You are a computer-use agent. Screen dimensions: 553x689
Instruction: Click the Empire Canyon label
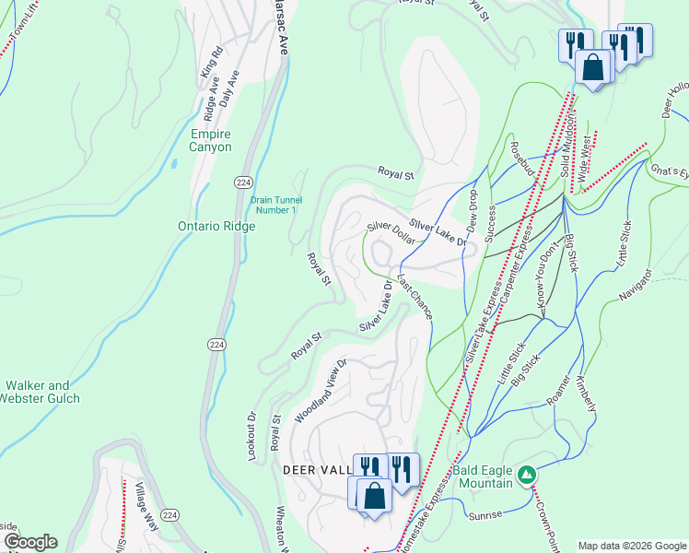210,140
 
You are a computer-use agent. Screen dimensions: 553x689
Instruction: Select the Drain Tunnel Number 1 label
274,205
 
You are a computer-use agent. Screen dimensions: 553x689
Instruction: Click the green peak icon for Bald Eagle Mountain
526,475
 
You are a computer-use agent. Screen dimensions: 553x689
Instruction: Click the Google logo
29,541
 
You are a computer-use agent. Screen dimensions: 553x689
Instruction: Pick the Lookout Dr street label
251,429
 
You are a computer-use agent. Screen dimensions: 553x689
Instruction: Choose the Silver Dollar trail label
388,228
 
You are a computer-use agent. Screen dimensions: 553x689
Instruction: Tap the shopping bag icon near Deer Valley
374,496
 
